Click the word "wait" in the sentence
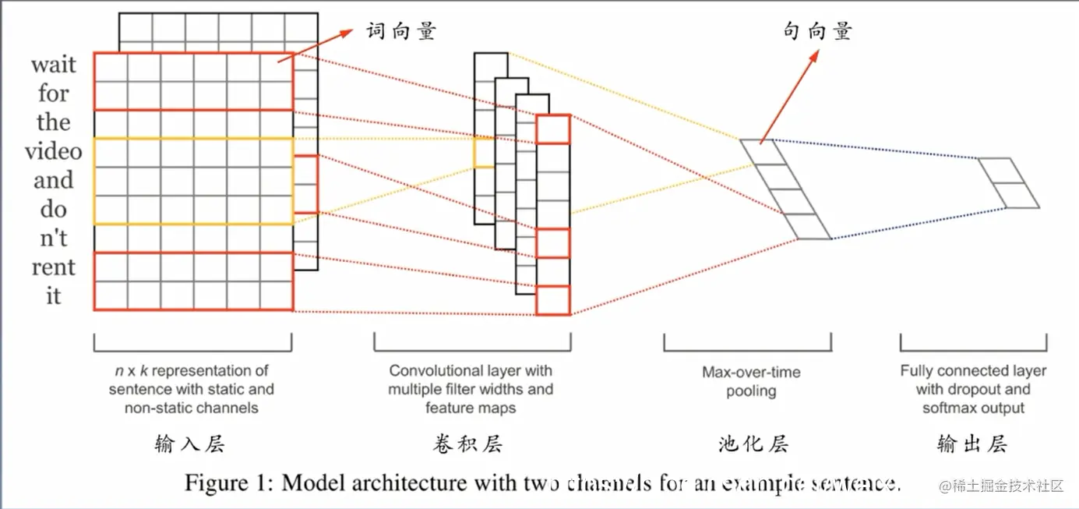(54, 65)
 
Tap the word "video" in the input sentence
(53, 151)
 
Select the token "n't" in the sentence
(53, 239)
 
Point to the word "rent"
(53, 267)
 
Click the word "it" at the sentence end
(53, 296)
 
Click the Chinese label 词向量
(401, 31)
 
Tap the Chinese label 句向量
(817, 31)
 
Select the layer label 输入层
(190, 444)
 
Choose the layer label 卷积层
(467, 444)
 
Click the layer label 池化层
(753, 444)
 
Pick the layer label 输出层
(972, 444)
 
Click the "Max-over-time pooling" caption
(751, 381)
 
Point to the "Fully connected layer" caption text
(973, 371)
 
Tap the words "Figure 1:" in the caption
(228, 483)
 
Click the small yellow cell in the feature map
(484, 153)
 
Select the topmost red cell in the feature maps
(553, 129)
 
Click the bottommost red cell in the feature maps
(553, 300)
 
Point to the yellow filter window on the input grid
(193, 181)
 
